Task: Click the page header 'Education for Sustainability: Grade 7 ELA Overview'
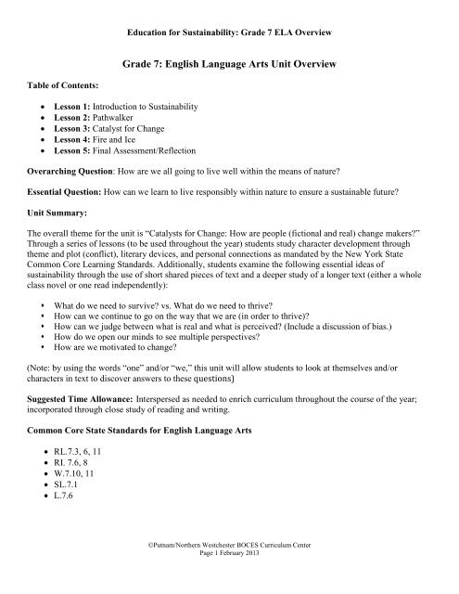click(229, 36)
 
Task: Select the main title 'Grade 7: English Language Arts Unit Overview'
click(229, 67)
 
